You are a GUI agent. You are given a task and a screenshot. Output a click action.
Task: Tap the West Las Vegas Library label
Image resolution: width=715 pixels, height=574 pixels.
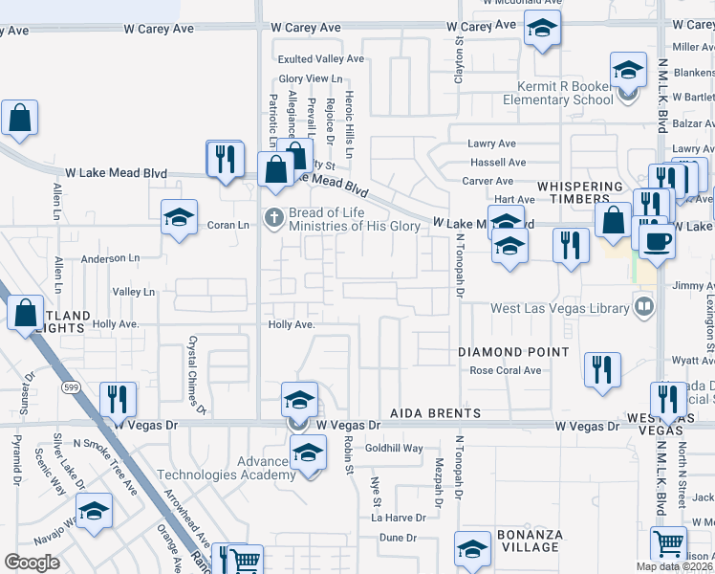click(x=559, y=308)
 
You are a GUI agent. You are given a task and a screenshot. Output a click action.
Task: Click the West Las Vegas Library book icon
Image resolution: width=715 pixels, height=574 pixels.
click(x=645, y=307)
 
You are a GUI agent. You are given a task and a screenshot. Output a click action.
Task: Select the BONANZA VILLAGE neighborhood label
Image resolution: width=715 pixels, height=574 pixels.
click(x=527, y=541)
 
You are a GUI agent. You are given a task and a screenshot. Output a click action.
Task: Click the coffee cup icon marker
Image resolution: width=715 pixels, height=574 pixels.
click(x=657, y=240)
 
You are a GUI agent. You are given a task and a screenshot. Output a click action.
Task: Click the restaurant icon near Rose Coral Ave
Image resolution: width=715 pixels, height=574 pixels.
click(x=602, y=370)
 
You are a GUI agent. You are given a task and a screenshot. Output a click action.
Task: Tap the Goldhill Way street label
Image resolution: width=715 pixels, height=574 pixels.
click(x=393, y=448)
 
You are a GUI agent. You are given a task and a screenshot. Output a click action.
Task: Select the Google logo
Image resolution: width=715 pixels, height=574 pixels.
click(x=32, y=563)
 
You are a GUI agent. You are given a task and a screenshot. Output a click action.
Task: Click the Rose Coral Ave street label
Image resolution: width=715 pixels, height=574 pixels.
click(x=506, y=371)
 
